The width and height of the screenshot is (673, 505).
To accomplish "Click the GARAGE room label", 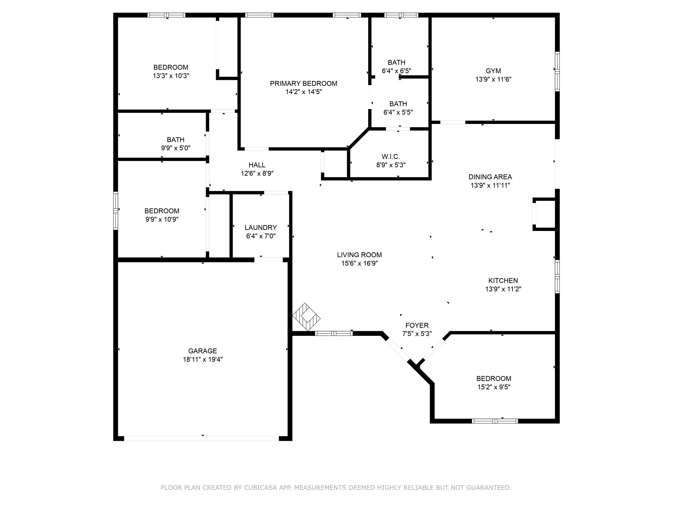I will coord(202,351).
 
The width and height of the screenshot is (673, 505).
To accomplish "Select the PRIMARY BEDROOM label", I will coord(303,83).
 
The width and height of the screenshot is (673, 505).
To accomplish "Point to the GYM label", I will coord(493,71).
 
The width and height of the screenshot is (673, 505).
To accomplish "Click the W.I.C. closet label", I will coord(391,157).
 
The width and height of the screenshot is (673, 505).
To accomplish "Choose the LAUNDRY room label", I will coord(261,227).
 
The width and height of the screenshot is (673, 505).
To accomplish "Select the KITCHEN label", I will coord(503,281).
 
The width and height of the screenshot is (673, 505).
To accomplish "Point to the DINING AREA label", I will coord(490,177).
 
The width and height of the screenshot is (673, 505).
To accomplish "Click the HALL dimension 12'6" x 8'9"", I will coord(257,173).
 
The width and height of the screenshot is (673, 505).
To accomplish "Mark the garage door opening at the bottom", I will coord(201,438).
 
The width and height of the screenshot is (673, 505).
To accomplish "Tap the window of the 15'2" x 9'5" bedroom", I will coord(495,421).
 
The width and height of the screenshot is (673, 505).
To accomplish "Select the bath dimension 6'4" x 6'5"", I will coord(396,71).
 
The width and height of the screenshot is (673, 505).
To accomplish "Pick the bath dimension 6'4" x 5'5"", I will coord(398,112).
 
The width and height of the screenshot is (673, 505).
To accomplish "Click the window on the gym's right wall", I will coord(557,72).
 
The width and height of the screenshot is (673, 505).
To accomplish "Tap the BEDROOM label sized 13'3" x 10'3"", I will coord(171,67).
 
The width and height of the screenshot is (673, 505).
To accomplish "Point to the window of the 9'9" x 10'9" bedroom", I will coord(116,210).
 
